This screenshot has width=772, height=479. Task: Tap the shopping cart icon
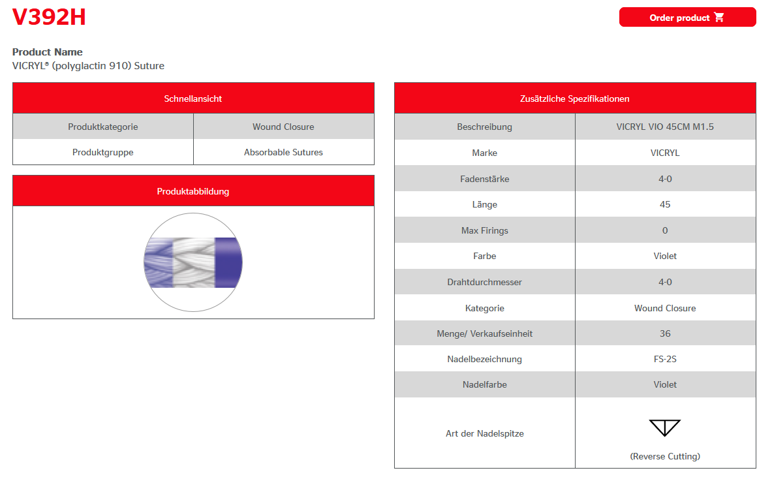click(719, 18)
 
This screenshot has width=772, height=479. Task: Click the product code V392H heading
click(49, 18)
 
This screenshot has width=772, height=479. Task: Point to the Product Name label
click(48, 52)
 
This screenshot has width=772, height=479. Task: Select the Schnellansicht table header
click(193, 99)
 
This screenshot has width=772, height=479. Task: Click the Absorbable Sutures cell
click(283, 152)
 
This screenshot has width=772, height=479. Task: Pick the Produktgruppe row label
click(103, 152)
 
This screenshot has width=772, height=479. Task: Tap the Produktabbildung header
click(193, 191)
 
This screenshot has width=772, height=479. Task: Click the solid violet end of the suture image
click(228, 262)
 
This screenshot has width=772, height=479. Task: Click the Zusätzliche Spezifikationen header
click(574, 99)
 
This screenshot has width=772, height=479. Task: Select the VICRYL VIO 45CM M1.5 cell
click(665, 127)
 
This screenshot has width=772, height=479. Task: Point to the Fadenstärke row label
click(484, 178)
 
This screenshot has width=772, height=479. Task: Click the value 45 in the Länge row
click(665, 204)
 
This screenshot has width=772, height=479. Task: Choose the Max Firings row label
click(484, 230)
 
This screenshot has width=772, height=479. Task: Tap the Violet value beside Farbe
click(665, 256)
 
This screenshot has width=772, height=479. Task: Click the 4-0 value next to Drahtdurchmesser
click(665, 282)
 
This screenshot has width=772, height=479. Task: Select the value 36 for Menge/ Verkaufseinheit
click(665, 333)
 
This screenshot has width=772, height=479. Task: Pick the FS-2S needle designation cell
click(665, 359)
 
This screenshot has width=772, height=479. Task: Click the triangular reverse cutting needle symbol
click(664, 427)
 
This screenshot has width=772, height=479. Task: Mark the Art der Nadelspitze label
click(484, 433)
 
